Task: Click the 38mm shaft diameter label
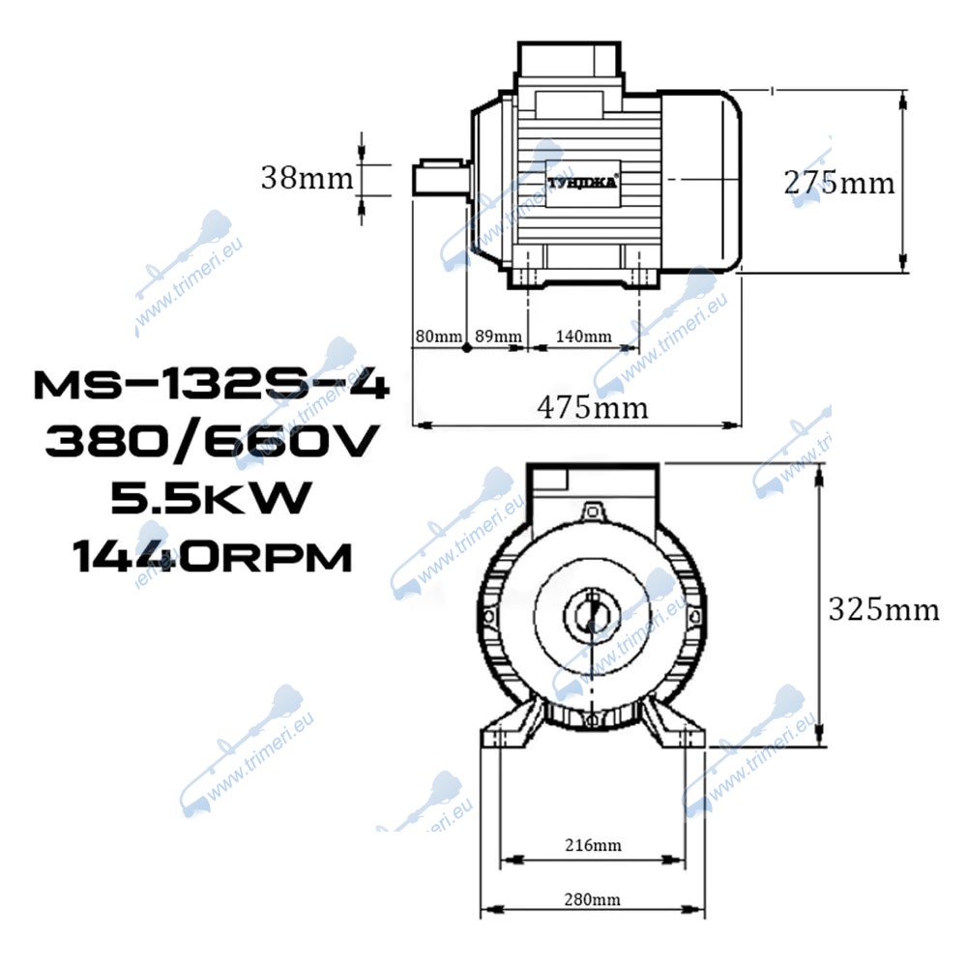pos(308,178)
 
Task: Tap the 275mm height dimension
pos(838,183)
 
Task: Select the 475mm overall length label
pos(593,408)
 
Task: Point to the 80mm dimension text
pos(438,337)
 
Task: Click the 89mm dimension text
pos(498,337)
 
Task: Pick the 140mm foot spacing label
pos(584,337)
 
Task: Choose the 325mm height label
pos(884,610)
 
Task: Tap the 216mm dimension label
pos(594,845)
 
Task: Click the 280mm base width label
pos(593,899)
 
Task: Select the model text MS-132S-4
pos(212,386)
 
